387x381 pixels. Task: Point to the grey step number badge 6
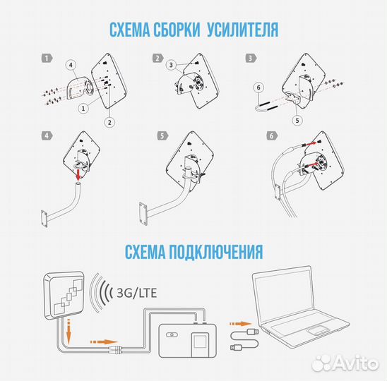tap(271, 135)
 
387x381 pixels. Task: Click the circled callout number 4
tap(71, 66)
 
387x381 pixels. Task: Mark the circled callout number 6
tap(258, 87)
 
